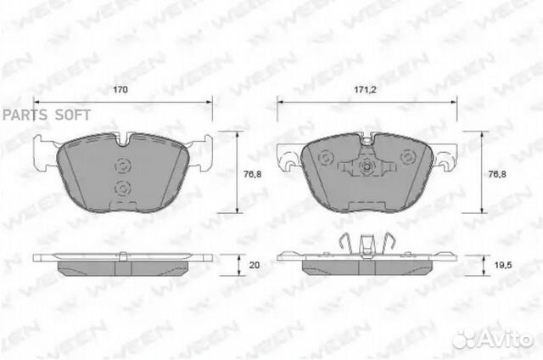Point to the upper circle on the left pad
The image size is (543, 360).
[x=121, y=165]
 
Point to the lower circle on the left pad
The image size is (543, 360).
[x=121, y=188]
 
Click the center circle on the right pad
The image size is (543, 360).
[x=366, y=166]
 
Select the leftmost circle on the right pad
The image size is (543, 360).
[x=323, y=157]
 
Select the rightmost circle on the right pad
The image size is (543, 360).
[x=408, y=157]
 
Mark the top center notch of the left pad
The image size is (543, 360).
[x=122, y=138]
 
